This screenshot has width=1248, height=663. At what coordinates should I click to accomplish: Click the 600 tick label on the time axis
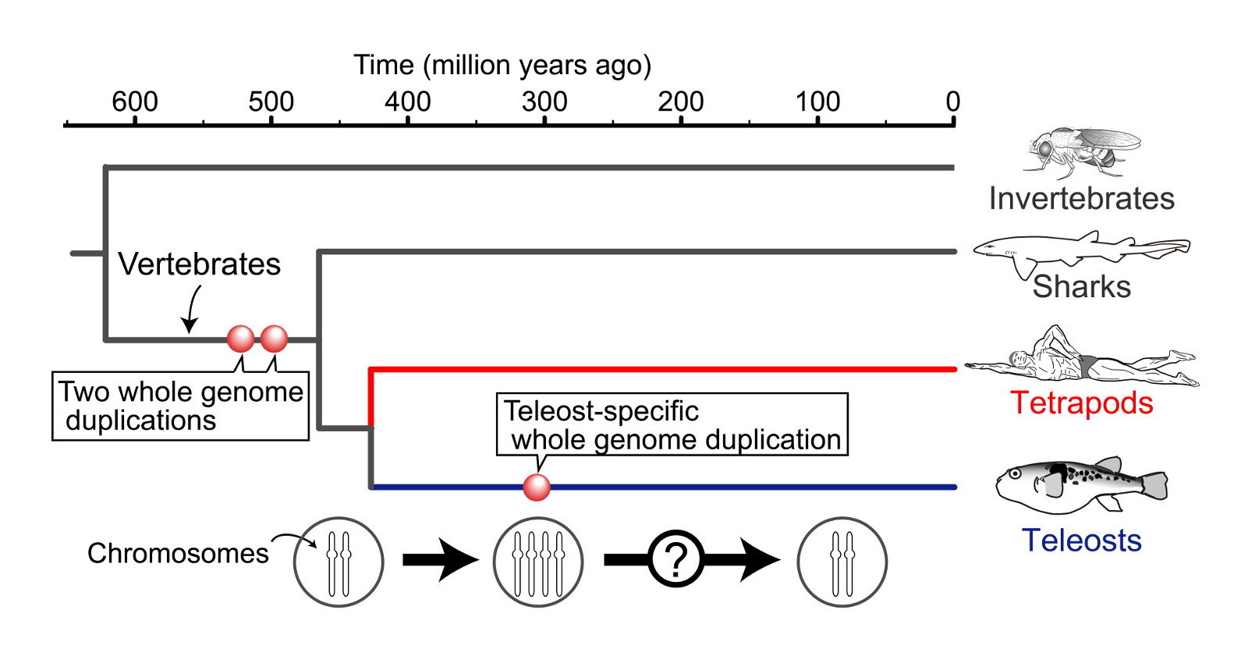pyautogui.click(x=135, y=101)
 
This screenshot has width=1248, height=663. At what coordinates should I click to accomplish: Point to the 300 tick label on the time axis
pyautogui.click(x=544, y=101)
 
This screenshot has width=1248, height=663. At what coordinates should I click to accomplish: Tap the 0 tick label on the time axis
pyautogui.click(x=952, y=101)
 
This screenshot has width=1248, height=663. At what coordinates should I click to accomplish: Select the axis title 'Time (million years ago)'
pyautogui.click(x=502, y=65)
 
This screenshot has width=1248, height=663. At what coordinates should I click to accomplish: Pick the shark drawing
pyautogui.click(x=1080, y=250)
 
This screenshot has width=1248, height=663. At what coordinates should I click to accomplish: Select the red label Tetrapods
pyautogui.click(x=1082, y=403)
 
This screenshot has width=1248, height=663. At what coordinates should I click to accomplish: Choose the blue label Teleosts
pyautogui.click(x=1082, y=541)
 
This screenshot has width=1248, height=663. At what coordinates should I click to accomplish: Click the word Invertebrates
pyautogui.click(x=1082, y=199)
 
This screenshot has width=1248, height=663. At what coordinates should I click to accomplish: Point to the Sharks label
pyautogui.click(x=1082, y=287)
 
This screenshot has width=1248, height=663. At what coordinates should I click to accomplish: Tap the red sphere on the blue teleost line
pyautogui.click(x=537, y=487)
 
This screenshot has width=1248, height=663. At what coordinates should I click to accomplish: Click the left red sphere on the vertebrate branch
pyautogui.click(x=240, y=339)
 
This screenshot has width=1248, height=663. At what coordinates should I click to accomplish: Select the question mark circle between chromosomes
pyautogui.click(x=676, y=559)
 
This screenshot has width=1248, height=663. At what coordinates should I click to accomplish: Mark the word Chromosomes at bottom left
pyautogui.click(x=178, y=553)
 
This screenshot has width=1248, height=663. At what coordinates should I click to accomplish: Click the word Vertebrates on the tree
pyautogui.click(x=199, y=264)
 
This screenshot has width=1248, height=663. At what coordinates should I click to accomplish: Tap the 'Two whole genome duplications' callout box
pyautogui.click(x=180, y=406)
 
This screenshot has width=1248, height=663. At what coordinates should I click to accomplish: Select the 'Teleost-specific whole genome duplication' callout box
pyautogui.click(x=672, y=425)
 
